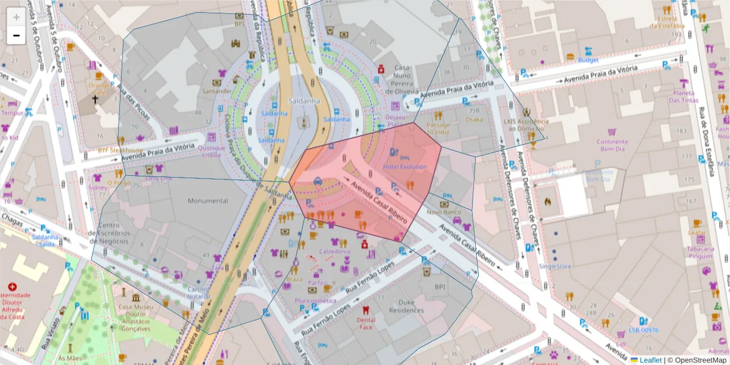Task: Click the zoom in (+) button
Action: click(16, 17)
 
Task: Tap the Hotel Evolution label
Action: click(405, 167)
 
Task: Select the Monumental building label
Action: click(207, 201)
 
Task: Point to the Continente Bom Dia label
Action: click(612, 145)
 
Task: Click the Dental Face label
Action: click(366, 323)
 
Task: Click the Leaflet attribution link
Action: click(650, 360)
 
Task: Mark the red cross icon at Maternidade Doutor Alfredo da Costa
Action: click(12, 286)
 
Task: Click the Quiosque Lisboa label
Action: click(211, 151)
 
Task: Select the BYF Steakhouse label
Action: click(120, 150)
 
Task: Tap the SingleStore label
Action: click(555, 266)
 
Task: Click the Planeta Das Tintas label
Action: click(684, 96)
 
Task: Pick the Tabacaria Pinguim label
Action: click(700, 252)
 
